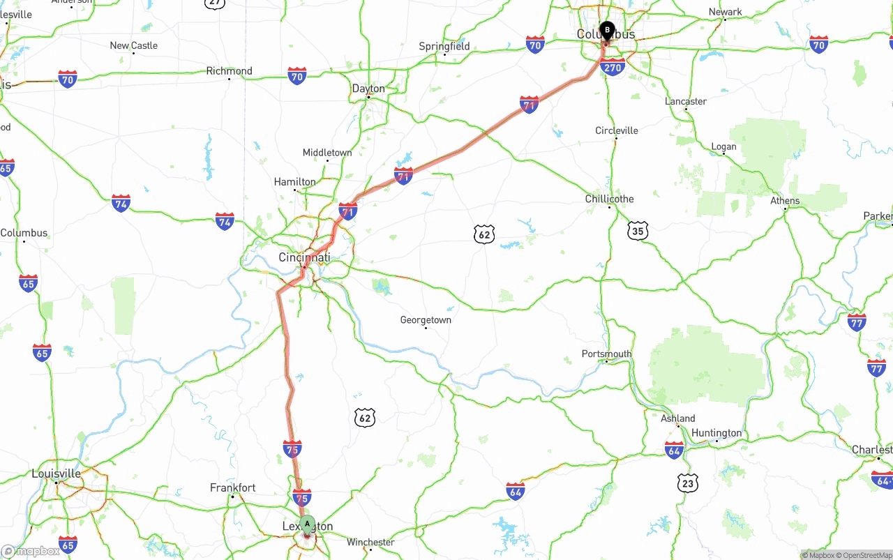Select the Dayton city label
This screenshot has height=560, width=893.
[368, 89]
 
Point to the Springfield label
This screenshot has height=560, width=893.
[444, 47]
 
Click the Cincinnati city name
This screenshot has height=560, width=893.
[304, 257]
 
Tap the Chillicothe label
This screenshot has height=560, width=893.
[609, 199]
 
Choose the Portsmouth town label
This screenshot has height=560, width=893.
[606, 354]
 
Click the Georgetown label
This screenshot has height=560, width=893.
[426, 320]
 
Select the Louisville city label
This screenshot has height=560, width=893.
[56, 474]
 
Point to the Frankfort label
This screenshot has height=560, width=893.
[233, 488]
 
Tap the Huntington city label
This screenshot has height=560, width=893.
[716, 433]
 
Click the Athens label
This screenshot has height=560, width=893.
[785, 201]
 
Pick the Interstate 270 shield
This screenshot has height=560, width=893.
[612, 68]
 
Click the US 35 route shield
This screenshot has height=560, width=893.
[637, 231]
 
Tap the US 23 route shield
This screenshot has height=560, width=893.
[687, 483]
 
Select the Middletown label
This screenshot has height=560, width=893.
[327, 153]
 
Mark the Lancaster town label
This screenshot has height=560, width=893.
[686, 101]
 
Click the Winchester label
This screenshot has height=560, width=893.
[370, 542]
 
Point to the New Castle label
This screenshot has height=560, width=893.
[134, 45]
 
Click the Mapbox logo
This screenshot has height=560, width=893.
[31, 552]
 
